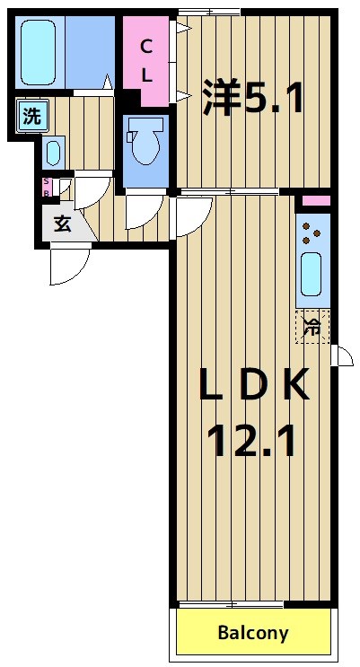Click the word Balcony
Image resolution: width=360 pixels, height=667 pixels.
(253, 633)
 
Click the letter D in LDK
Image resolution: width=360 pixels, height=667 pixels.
(252, 386)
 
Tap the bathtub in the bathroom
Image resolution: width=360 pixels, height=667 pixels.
(39, 51)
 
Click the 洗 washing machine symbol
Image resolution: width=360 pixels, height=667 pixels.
(31, 116)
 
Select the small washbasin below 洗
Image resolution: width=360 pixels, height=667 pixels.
(53, 151)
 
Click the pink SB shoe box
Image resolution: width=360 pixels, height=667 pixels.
(48, 187)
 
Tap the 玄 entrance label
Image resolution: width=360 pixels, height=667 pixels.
(62, 224)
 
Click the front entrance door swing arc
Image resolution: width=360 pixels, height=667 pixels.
(69, 263)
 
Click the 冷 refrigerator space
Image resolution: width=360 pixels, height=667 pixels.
(312, 325)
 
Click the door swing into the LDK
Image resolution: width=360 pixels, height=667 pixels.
(192, 213)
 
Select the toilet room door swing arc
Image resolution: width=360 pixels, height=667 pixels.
(142, 211)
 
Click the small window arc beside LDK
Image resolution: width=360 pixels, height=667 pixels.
(341, 355)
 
